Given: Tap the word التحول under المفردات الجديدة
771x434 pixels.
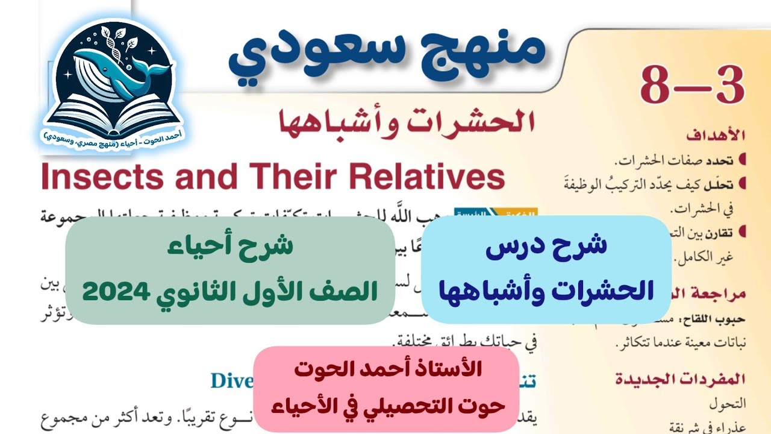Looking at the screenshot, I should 730,400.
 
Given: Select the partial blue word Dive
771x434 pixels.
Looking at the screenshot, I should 231,381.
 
